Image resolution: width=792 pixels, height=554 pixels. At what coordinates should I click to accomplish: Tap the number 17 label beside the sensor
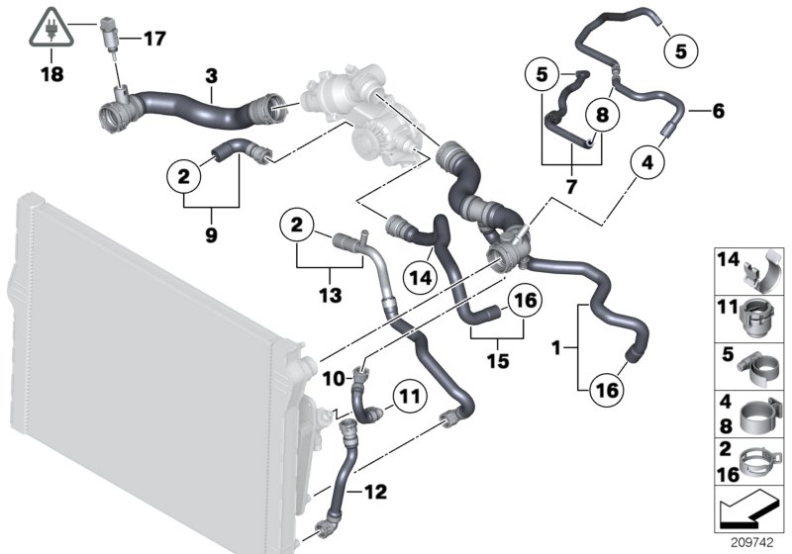(x=154, y=40)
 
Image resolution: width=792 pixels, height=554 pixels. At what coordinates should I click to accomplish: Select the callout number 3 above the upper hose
(x=210, y=75)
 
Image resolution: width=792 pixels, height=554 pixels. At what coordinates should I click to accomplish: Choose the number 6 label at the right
(x=718, y=112)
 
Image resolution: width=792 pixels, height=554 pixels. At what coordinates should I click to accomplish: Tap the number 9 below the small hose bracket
(x=211, y=236)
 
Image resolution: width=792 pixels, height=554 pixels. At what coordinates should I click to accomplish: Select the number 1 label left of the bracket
(x=557, y=348)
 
